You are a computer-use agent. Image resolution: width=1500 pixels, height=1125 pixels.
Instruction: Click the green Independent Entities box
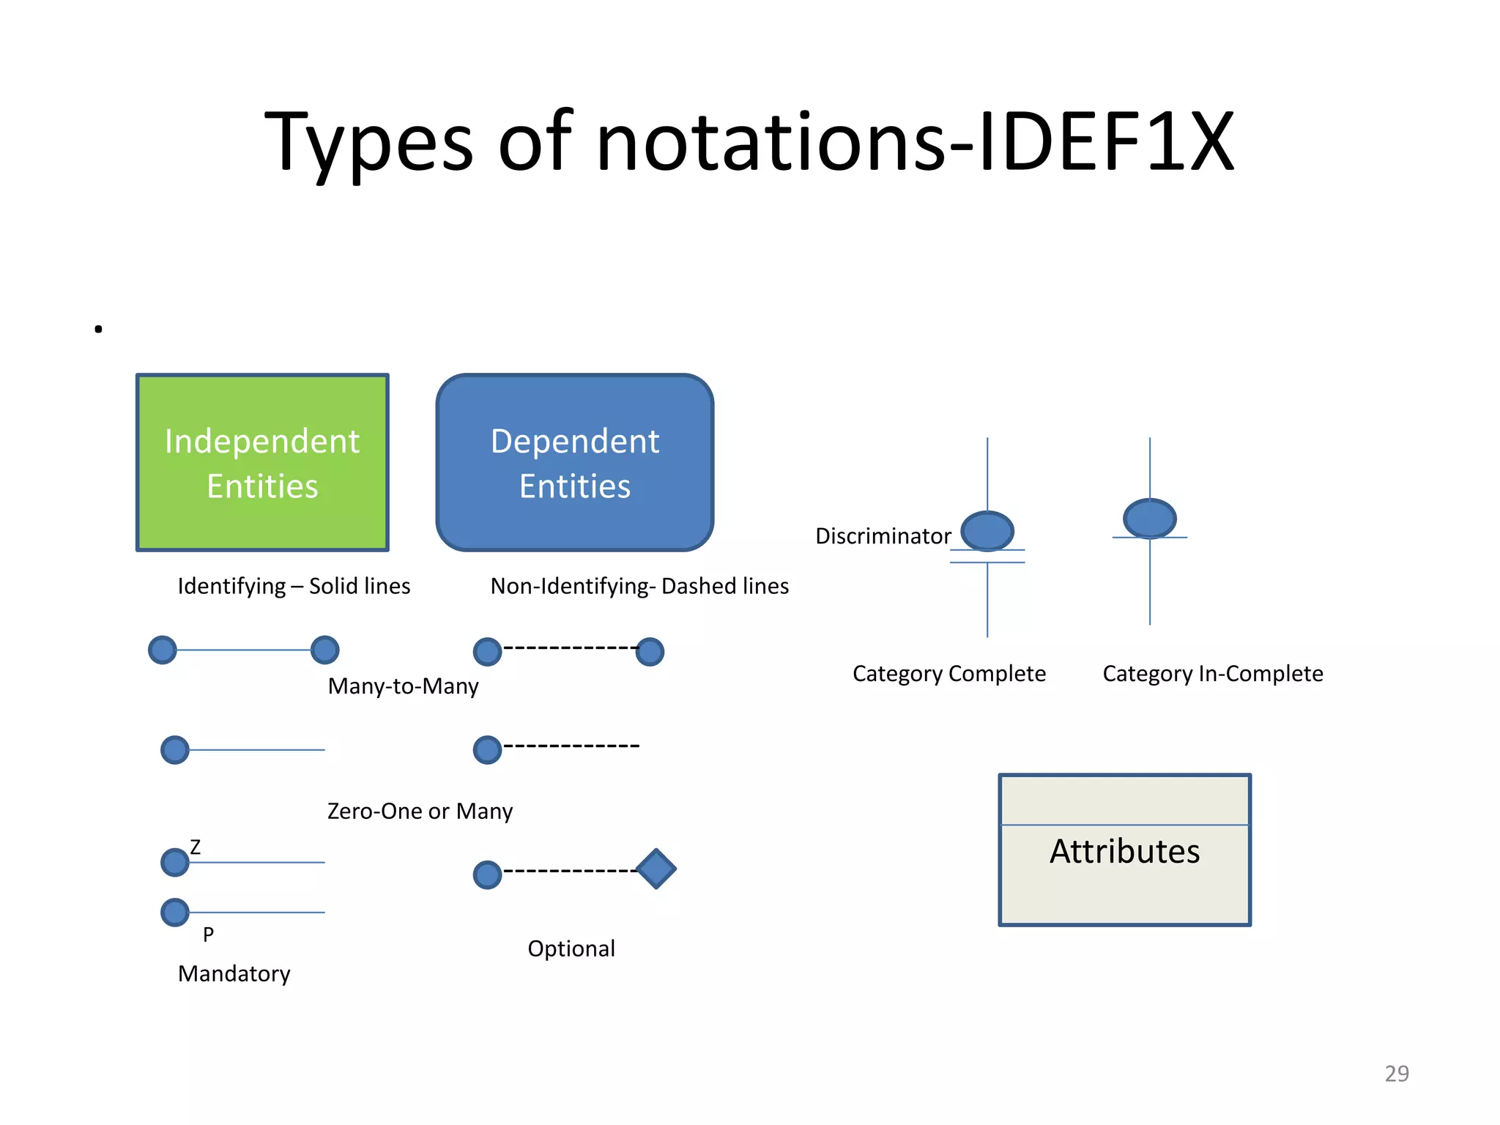pyautogui.click(x=262, y=462)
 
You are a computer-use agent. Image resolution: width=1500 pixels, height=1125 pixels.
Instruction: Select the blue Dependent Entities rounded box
pyautogui.click(x=575, y=462)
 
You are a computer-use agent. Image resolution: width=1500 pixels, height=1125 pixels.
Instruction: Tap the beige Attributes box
pyautogui.click(x=1124, y=850)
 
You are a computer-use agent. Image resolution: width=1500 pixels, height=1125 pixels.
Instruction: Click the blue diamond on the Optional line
pyautogui.click(x=656, y=869)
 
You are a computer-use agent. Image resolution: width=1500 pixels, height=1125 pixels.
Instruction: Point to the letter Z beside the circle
pyautogui.click(x=195, y=847)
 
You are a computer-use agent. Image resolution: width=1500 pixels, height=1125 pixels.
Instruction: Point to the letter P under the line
pyautogui.click(x=208, y=935)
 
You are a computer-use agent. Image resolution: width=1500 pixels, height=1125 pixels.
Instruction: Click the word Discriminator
pyautogui.click(x=883, y=536)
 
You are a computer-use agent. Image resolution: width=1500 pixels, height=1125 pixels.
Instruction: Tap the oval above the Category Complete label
pyautogui.click(x=987, y=530)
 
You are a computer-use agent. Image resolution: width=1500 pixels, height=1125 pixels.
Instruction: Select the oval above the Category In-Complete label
pyautogui.click(x=1149, y=518)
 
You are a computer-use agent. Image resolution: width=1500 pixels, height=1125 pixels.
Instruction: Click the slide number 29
pyautogui.click(x=1397, y=1074)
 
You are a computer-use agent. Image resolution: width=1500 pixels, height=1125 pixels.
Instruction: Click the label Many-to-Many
pyautogui.click(x=403, y=686)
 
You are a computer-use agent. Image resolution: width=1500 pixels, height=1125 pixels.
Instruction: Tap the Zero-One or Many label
pyautogui.click(x=420, y=812)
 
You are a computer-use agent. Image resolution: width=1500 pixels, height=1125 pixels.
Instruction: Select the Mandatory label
pyautogui.click(x=234, y=973)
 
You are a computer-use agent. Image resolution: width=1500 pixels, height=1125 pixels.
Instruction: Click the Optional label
pyautogui.click(x=571, y=948)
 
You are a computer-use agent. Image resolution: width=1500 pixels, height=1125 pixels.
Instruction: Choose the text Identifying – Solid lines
pyautogui.click(x=294, y=586)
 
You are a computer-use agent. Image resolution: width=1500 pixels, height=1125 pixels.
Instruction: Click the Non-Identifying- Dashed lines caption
pyautogui.click(x=639, y=586)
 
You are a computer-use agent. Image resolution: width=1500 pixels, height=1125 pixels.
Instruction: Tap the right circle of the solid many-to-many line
pyautogui.click(x=324, y=650)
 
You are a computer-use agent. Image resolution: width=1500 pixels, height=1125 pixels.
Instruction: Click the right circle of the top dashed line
pyautogui.click(x=650, y=651)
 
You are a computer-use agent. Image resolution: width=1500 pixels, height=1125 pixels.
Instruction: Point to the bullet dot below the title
pyautogui.click(x=98, y=330)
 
